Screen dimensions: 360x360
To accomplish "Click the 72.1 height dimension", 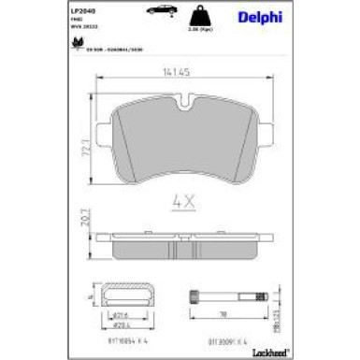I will coord(88,147).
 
